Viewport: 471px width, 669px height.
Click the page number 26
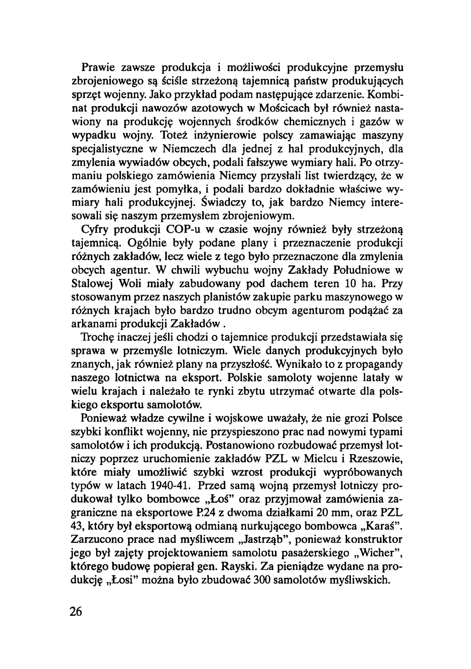76,612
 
